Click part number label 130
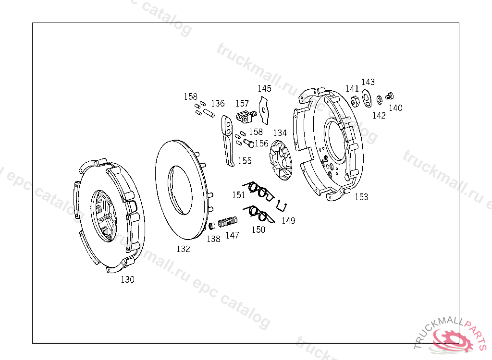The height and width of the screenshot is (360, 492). pos(127,279)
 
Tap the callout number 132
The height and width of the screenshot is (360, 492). pos(183,249)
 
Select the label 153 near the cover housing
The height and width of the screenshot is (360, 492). pos(361,197)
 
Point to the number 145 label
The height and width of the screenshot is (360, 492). pos(265,89)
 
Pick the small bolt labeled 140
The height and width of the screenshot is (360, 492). pos(389,96)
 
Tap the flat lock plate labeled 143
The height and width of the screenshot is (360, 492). pos(367,99)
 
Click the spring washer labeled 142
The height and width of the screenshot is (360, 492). pos(380,100)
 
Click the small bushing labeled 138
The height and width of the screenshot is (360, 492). pos(212,226)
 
